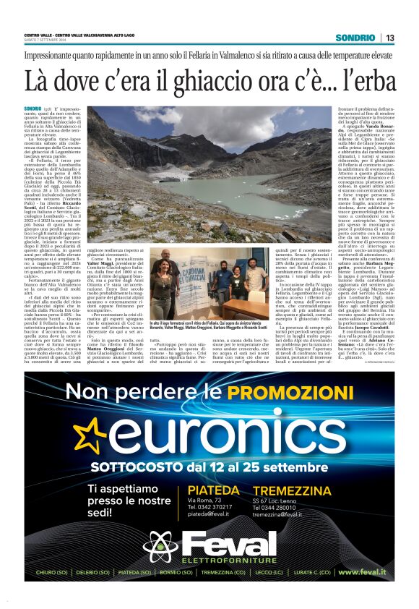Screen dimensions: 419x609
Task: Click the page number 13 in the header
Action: [389, 38]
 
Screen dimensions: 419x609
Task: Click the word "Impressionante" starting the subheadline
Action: [53, 55]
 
